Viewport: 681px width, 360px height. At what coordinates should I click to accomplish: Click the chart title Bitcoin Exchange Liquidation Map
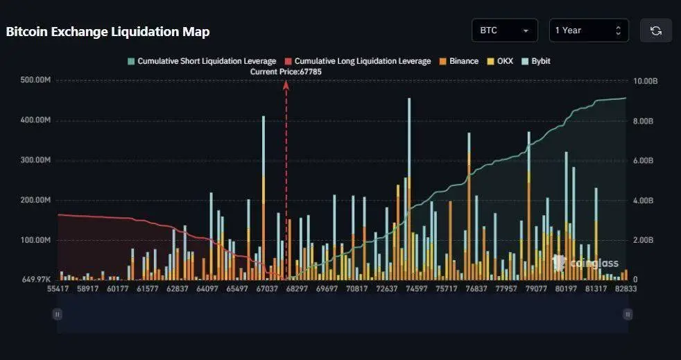point(107,32)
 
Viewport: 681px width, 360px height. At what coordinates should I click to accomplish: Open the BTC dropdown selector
point(504,31)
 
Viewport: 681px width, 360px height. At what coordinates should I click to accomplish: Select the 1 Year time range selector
point(589,31)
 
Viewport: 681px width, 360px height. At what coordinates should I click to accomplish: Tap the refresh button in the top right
point(655,31)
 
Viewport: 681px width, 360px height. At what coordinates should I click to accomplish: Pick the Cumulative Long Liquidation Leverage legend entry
point(358,61)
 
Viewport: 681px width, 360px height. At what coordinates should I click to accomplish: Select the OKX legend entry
point(501,61)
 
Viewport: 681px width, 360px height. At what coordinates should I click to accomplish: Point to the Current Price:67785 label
point(286,71)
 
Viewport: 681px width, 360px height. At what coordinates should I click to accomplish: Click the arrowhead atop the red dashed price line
point(286,84)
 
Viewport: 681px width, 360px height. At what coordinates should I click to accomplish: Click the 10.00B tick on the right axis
point(646,81)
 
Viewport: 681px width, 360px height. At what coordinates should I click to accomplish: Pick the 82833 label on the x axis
point(626,289)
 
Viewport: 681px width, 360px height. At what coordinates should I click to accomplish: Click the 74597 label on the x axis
point(416,289)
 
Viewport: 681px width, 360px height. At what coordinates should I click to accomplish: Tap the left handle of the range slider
point(58,314)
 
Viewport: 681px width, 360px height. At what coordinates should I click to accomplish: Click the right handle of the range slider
point(628,314)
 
